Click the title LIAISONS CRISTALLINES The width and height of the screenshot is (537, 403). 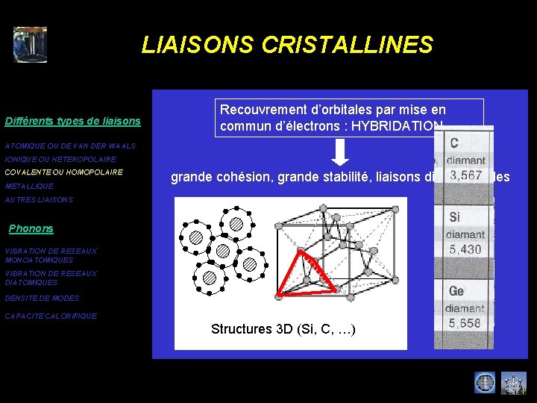pos(287,45)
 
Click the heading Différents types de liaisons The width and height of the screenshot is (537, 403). pos(72,121)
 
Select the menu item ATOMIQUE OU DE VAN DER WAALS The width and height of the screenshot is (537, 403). pos(70,146)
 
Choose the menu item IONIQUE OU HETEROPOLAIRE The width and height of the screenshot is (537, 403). pos(60,160)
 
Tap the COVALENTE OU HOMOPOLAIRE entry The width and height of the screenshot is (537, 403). pos(63,172)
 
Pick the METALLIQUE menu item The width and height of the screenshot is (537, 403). pos(29,186)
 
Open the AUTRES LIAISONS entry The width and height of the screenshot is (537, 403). pos(39,200)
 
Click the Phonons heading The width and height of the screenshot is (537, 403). pos(31,228)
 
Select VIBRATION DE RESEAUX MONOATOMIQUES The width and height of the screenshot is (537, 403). pos(51,256)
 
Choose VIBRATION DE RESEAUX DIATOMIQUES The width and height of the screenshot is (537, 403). pos(51,278)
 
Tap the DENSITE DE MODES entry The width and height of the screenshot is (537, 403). pos(42,298)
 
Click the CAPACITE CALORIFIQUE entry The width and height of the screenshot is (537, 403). pos(51,316)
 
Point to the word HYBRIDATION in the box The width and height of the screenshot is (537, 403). pos(395,125)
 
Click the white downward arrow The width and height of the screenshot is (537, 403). pos(339,152)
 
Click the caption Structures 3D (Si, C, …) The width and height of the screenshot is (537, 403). pos(283,329)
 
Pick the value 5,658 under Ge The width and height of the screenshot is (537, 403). pos(464,323)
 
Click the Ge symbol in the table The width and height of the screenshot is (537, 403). pos(456,290)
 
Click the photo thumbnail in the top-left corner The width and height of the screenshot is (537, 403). pos(30,45)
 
